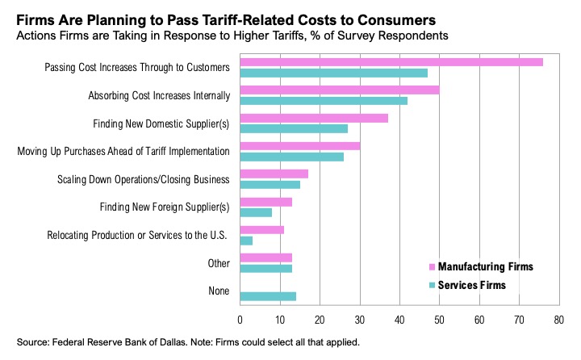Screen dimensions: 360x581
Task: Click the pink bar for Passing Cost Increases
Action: [x=391, y=62]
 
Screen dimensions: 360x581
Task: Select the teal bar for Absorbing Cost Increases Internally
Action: [x=324, y=101]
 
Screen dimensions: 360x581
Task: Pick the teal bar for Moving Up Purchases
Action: [x=292, y=156]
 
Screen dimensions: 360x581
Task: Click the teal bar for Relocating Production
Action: [x=246, y=241]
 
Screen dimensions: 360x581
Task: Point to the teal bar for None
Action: [x=268, y=296]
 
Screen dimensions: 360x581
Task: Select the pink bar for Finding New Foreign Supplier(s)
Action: [x=266, y=202]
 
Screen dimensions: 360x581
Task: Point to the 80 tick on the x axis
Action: [x=558, y=319]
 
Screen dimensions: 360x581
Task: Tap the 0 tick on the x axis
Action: [x=240, y=319]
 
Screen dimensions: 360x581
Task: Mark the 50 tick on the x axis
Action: [x=439, y=319]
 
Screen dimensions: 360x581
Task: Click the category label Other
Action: [x=218, y=263]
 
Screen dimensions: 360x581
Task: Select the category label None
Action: [x=218, y=291]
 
